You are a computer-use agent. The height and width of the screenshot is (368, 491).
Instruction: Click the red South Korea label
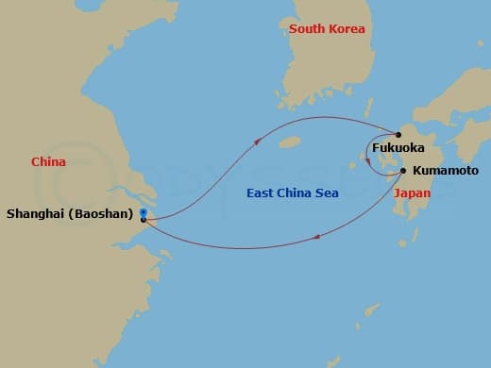coord(327,29)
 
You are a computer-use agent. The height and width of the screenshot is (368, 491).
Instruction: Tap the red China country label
coord(48,162)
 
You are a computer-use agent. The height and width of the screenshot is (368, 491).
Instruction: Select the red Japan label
coord(412,192)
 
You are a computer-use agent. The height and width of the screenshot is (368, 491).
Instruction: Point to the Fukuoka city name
coord(398,148)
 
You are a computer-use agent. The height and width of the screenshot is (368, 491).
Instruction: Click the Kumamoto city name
coord(439,171)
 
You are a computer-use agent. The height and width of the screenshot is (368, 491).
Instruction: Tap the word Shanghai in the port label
coord(38,214)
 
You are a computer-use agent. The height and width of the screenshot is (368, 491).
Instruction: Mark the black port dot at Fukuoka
coord(398,135)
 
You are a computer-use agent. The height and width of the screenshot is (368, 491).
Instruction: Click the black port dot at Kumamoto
coord(403,171)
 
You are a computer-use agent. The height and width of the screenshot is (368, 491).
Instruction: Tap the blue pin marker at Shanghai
coord(143,211)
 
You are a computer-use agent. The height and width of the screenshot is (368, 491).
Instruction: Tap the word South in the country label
coord(307,29)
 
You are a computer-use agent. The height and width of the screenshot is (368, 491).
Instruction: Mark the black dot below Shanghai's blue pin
coord(143,219)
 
